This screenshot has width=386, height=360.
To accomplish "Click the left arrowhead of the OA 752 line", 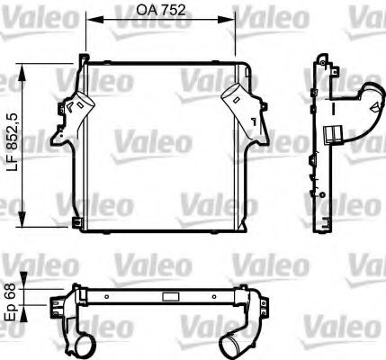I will coord(90,21).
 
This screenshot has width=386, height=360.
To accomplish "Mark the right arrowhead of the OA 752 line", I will coord(233,21).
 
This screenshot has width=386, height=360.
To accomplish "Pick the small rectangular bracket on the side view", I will coord(334,135).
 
